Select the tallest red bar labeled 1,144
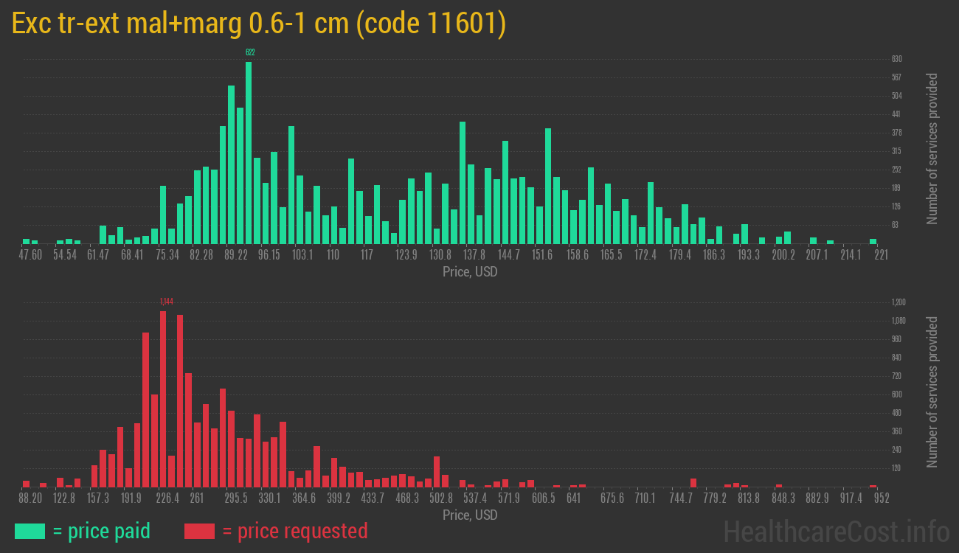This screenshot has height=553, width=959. coord(163,398)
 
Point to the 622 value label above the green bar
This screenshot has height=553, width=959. coord(250,52)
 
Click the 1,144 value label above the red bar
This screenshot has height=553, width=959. coord(166,302)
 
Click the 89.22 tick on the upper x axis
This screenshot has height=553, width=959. coord(236,255)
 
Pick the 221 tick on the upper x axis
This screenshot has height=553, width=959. coord(881,255)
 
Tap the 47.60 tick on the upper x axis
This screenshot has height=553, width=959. coord(30,255)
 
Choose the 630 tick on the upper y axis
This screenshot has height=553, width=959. coord(896,59)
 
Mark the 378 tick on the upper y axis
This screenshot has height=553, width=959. coord(896,133)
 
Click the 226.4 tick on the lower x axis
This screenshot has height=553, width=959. coord(167,498)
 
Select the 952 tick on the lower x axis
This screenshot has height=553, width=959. coord(881,498)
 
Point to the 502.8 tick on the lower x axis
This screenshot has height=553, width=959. coord(441,498)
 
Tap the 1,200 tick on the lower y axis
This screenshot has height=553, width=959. coord(898,302)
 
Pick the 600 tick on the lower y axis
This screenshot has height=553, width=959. coord(896,394)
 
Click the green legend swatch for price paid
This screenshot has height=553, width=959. coord(30,531)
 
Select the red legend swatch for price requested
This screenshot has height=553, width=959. coord(199,531)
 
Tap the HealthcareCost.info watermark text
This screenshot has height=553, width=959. coord(836,531)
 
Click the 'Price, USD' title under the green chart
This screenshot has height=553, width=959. coord(470,272)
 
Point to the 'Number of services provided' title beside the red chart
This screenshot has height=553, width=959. coord(932,392)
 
